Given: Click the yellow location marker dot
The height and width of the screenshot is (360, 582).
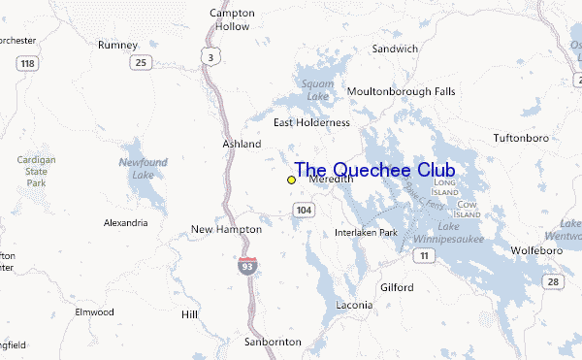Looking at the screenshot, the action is pyautogui.click(x=291, y=180).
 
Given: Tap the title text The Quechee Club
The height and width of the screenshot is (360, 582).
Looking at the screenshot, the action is pyautogui.click(x=374, y=171).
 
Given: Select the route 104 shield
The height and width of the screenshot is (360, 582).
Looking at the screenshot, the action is pyautogui.click(x=305, y=210).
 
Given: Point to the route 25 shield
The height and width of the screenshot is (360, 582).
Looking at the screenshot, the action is pyautogui.click(x=143, y=62).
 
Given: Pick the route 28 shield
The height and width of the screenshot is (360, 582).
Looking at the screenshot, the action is pyautogui.click(x=552, y=281).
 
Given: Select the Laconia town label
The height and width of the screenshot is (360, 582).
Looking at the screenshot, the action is pyautogui.click(x=353, y=305).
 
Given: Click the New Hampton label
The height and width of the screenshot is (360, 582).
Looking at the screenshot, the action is pyautogui.click(x=226, y=229).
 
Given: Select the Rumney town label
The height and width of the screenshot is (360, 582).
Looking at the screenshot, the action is pyautogui.click(x=117, y=45).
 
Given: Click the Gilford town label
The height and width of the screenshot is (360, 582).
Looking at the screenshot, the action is pyautogui.click(x=396, y=287).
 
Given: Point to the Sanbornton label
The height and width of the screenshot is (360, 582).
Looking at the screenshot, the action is pyautogui.click(x=274, y=342).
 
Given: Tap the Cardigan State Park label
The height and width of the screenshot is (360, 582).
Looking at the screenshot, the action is pyautogui.click(x=36, y=170).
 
